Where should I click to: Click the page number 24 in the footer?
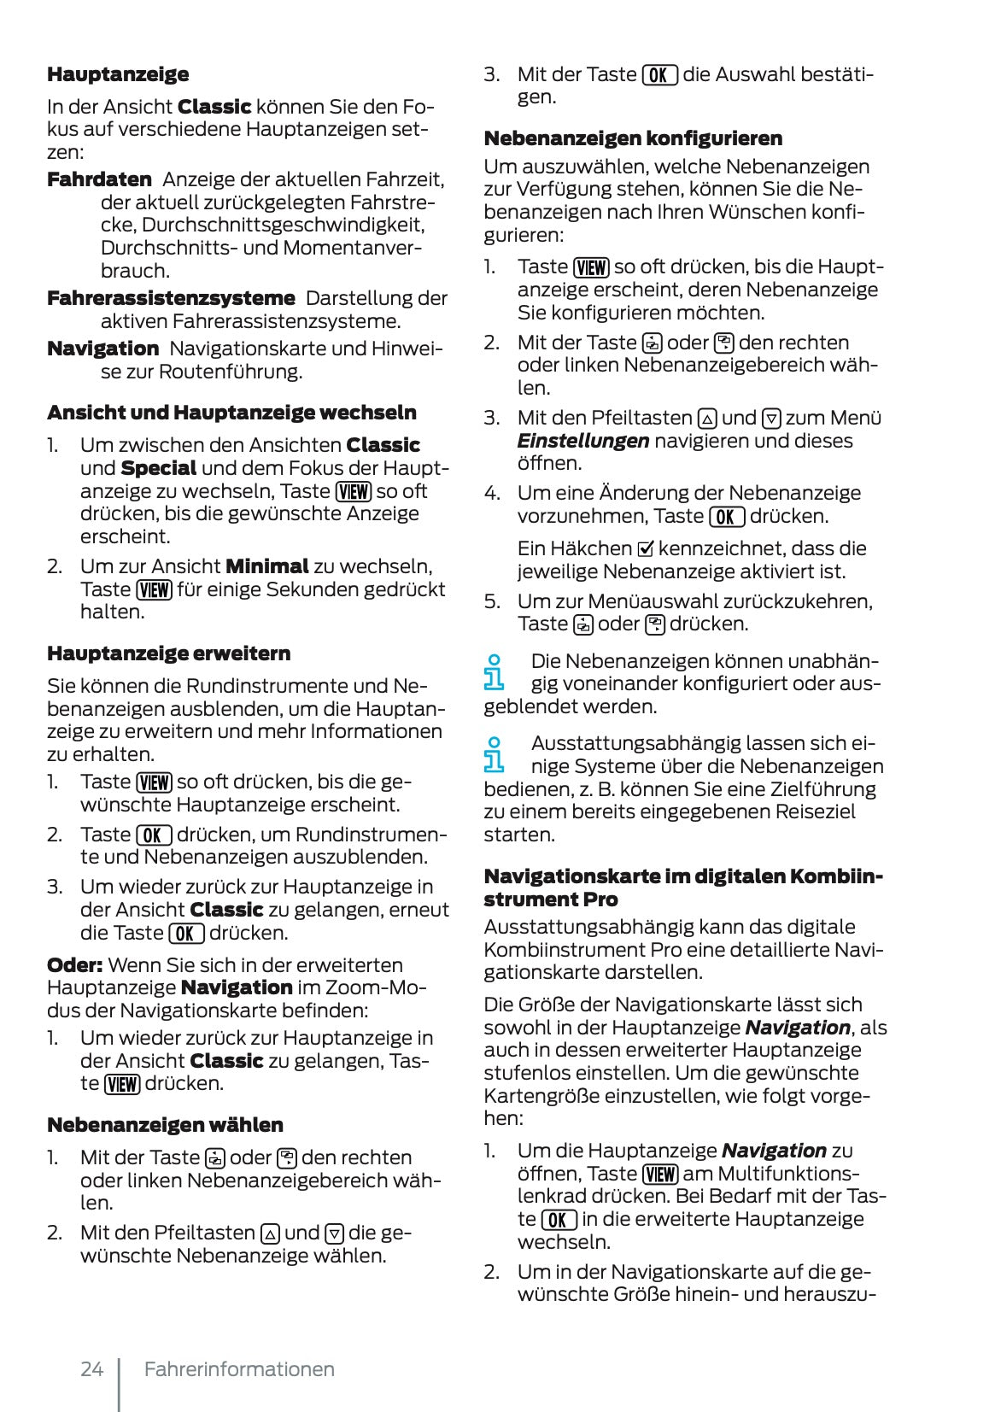click(91, 1368)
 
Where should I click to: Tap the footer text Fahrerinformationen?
click(239, 1368)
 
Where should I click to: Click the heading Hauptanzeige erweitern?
click(168, 653)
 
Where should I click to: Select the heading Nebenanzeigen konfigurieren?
click(633, 138)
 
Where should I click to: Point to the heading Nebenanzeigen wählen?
click(165, 1125)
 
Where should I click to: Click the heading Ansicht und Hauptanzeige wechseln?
click(231, 413)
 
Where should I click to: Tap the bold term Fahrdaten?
click(99, 179)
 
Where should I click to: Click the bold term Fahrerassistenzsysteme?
click(171, 298)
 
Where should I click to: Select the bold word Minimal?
click(266, 566)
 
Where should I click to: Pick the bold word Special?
click(159, 468)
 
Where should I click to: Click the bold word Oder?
click(74, 965)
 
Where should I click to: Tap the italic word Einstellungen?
click(583, 441)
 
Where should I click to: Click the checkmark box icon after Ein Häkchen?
click(646, 548)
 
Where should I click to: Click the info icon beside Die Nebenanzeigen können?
click(494, 672)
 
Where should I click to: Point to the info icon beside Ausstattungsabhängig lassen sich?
click(494, 754)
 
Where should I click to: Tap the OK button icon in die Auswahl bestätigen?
click(659, 75)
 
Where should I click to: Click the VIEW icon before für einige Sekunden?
click(155, 589)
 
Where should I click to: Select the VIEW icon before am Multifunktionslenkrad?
click(660, 1175)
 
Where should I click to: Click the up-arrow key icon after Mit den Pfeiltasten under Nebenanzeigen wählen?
click(270, 1233)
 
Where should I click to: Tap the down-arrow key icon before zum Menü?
click(771, 419)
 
